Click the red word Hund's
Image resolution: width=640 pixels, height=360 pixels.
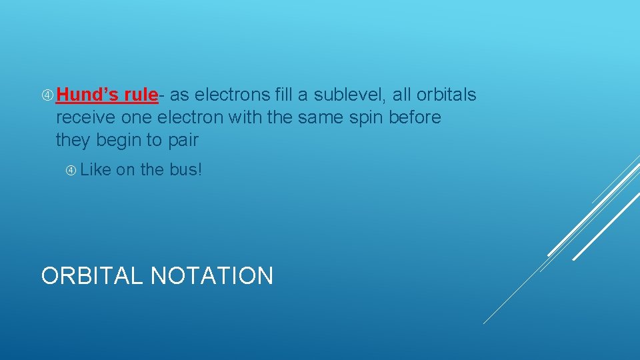coord(83,95)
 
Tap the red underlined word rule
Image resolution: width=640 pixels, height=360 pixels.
coord(135,95)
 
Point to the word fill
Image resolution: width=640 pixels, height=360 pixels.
coord(283,95)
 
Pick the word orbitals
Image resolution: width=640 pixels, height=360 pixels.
coord(446,95)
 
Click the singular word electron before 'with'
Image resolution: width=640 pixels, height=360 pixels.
coord(191,118)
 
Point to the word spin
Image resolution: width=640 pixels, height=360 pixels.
coord(369,118)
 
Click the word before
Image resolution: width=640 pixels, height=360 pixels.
coord(417,118)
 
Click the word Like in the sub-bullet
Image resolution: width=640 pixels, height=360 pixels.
coord(95,170)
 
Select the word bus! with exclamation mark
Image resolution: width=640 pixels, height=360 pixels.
coord(185,170)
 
